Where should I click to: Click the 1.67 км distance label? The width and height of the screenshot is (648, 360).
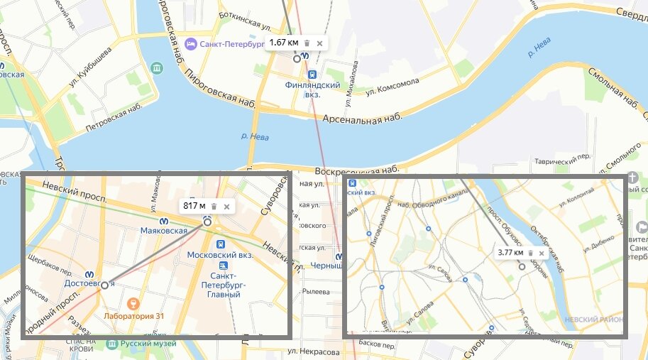[x=284, y=43]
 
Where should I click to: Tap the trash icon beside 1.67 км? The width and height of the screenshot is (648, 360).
[x=307, y=43]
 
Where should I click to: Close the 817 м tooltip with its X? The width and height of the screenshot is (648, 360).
[x=226, y=207]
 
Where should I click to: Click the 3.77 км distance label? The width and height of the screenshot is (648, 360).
[x=510, y=253]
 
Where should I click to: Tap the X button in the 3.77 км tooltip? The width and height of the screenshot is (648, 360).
[x=542, y=253]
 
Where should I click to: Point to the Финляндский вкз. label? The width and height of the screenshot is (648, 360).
[x=312, y=89]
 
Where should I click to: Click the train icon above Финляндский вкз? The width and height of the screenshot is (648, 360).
[x=312, y=74]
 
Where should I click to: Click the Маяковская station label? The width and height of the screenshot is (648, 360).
[x=163, y=231]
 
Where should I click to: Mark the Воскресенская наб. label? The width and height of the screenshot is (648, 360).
[x=355, y=171]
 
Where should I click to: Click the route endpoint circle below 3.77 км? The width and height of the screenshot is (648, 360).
[x=522, y=267]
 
